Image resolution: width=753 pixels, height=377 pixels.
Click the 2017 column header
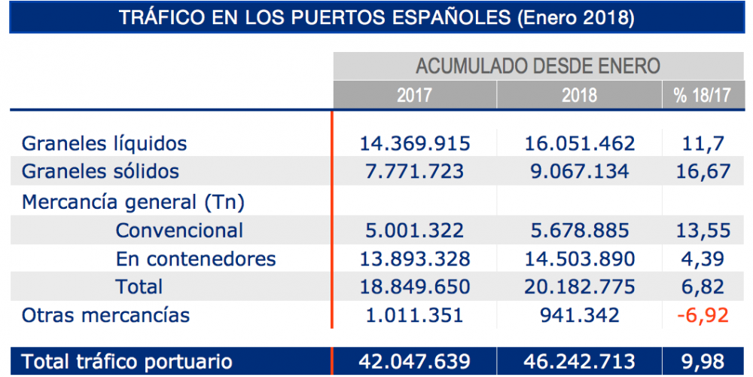[x=414, y=96]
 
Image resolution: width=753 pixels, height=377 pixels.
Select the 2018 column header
[x=579, y=96]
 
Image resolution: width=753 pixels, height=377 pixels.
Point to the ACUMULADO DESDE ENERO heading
[x=538, y=66]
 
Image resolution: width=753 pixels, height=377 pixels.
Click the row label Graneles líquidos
[x=104, y=143]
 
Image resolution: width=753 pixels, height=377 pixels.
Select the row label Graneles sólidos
[x=100, y=171]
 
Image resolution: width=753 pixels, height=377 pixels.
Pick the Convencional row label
[x=179, y=230]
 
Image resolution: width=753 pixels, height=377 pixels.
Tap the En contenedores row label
[x=196, y=259]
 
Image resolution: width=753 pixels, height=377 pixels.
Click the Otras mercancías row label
[x=105, y=314]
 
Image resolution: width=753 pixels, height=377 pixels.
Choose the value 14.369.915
[x=416, y=143]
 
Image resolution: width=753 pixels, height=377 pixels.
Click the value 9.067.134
[x=579, y=171]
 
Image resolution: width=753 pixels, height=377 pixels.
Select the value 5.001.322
[x=416, y=230]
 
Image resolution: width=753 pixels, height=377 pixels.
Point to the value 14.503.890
[x=579, y=259]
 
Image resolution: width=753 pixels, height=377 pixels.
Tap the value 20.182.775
[x=579, y=287]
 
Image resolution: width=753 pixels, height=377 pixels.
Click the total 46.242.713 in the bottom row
[x=579, y=361]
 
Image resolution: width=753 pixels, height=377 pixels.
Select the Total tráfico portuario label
[x=127, y=361]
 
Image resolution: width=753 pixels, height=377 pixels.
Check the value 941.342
[x=579, y=314]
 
